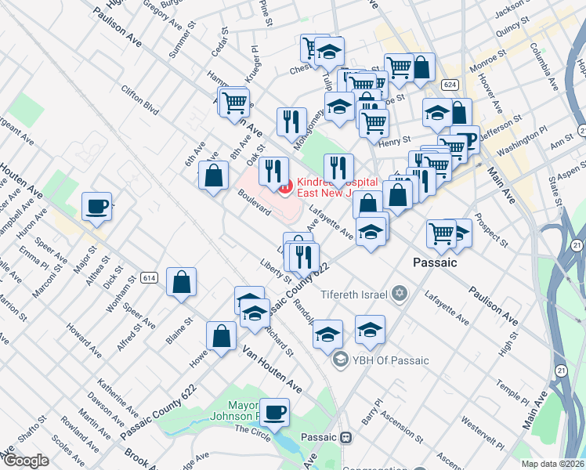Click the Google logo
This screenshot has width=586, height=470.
tap(25, 461)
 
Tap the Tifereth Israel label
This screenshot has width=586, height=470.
tap(360, 295)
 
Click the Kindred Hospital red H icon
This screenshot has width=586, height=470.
tap(285, 186)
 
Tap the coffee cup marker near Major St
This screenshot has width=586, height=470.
tap(96, 207)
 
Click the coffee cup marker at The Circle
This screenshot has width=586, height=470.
tap(274, 412)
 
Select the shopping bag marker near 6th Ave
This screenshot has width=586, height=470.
tap(213, 175)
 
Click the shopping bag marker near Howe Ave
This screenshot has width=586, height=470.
tap(222, 336)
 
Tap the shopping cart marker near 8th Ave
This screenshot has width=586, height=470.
tap(235, 101)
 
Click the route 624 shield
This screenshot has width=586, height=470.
tap(449, 84)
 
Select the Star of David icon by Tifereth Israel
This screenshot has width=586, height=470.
tap(401, 294)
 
